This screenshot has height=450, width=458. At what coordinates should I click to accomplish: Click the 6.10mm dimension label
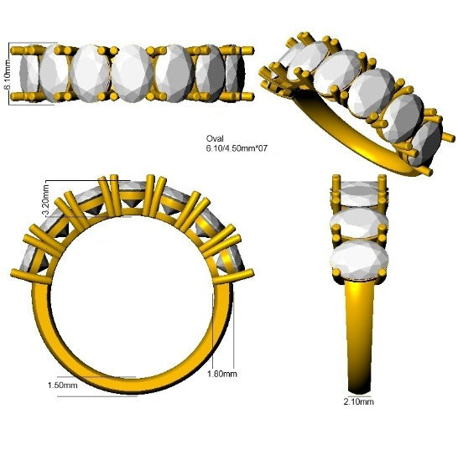pos(8,74)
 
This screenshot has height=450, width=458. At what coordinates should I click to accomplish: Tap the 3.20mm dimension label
pos(46,200)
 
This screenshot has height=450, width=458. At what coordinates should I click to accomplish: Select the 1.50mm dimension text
pos(63,385)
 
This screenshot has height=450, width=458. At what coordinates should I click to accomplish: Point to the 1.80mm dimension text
pos(222,374)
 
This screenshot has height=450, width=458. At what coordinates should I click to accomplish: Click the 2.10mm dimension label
pos(359,401)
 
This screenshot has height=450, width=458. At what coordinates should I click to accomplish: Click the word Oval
pos(215,138)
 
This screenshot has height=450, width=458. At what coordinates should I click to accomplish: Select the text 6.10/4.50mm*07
pos(237,148)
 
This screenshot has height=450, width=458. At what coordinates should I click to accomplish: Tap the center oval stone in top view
pos(133,74)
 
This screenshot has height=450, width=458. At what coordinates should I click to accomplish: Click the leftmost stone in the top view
pos(29,75)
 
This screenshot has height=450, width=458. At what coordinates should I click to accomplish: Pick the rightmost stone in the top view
pos(236,74)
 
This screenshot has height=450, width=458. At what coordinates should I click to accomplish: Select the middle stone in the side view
pos(359,222)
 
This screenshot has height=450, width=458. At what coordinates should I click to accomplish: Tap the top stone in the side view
pos(359,194)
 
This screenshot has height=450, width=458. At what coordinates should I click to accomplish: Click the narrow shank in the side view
pos(360,335)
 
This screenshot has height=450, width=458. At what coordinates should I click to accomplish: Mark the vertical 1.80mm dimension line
pos(234,330)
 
